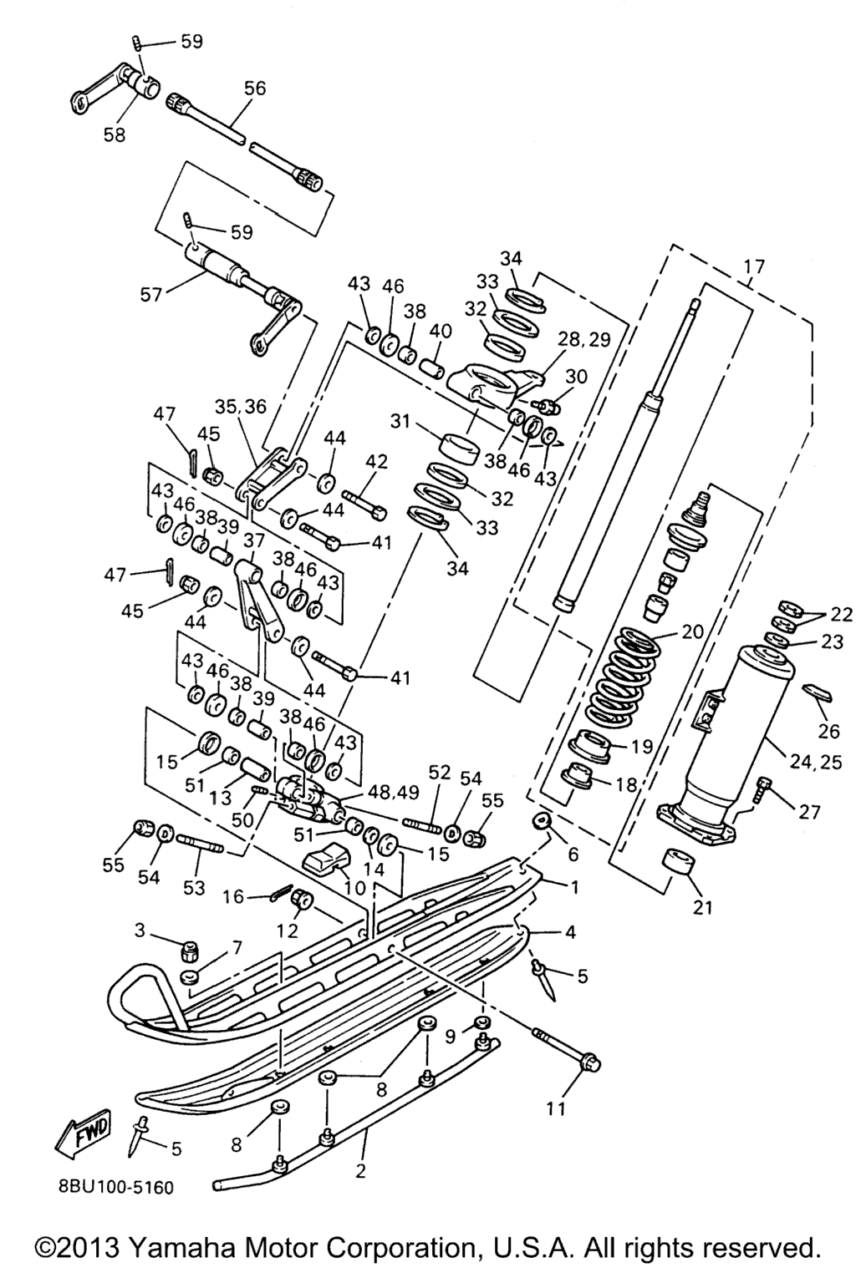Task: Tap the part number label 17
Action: (x=755, y=266)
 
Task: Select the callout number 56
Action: (x=255, y=88)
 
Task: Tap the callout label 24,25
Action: (x=815, y=761)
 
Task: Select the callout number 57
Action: (x=152, y=294)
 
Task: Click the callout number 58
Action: (x=115, y=134)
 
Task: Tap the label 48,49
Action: (x=394, y=793)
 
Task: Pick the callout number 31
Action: (x=400, y=421)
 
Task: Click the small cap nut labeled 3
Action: (x=189, y=951)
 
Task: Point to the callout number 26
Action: (x=829, y=731)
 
